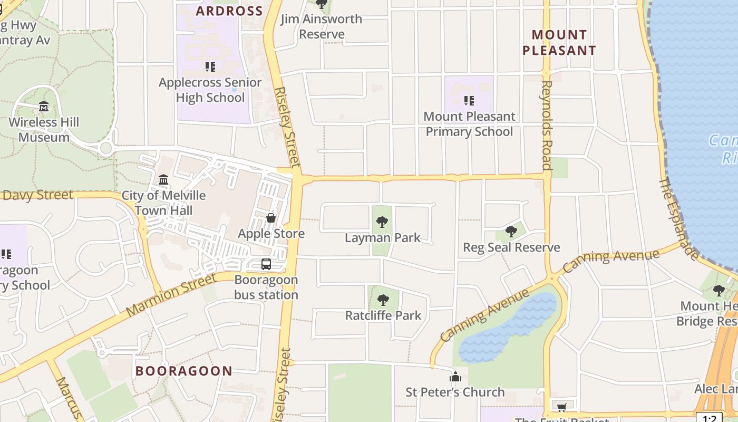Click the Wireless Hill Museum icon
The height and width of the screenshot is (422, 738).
(x=44, y=107)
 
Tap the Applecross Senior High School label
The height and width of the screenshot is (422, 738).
(x=210, y=90)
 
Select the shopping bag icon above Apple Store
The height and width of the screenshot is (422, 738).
(x=271, y=218)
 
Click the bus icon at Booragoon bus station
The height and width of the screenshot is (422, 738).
(x=266, y=264)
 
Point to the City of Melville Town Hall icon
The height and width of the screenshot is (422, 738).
(x=163, y=180)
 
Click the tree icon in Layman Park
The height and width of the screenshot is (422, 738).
(x=382, y=222)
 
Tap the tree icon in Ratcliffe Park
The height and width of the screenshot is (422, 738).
(x=383, y=300)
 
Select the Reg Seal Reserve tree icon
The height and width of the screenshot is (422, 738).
(x=511, y=232)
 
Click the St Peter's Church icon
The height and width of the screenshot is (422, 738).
(x=455, y=377)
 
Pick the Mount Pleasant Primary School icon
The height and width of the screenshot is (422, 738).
(x=469, y=100)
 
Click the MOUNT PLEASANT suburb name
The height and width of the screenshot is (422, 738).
(x=559, y=43)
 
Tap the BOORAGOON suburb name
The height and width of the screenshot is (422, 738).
(x=184, y=371)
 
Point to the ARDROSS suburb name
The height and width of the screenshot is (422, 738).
(x=229, y=11)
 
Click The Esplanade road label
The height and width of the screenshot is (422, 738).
(x=679, y=218)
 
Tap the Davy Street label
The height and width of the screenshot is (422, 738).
(x=37, y=195)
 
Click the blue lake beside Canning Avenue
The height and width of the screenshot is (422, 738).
(x=506, y=327)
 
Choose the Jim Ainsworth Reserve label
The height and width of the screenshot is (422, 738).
(x=321, y=26)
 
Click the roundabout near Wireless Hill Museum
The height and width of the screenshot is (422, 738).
(x=105, y=148)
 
